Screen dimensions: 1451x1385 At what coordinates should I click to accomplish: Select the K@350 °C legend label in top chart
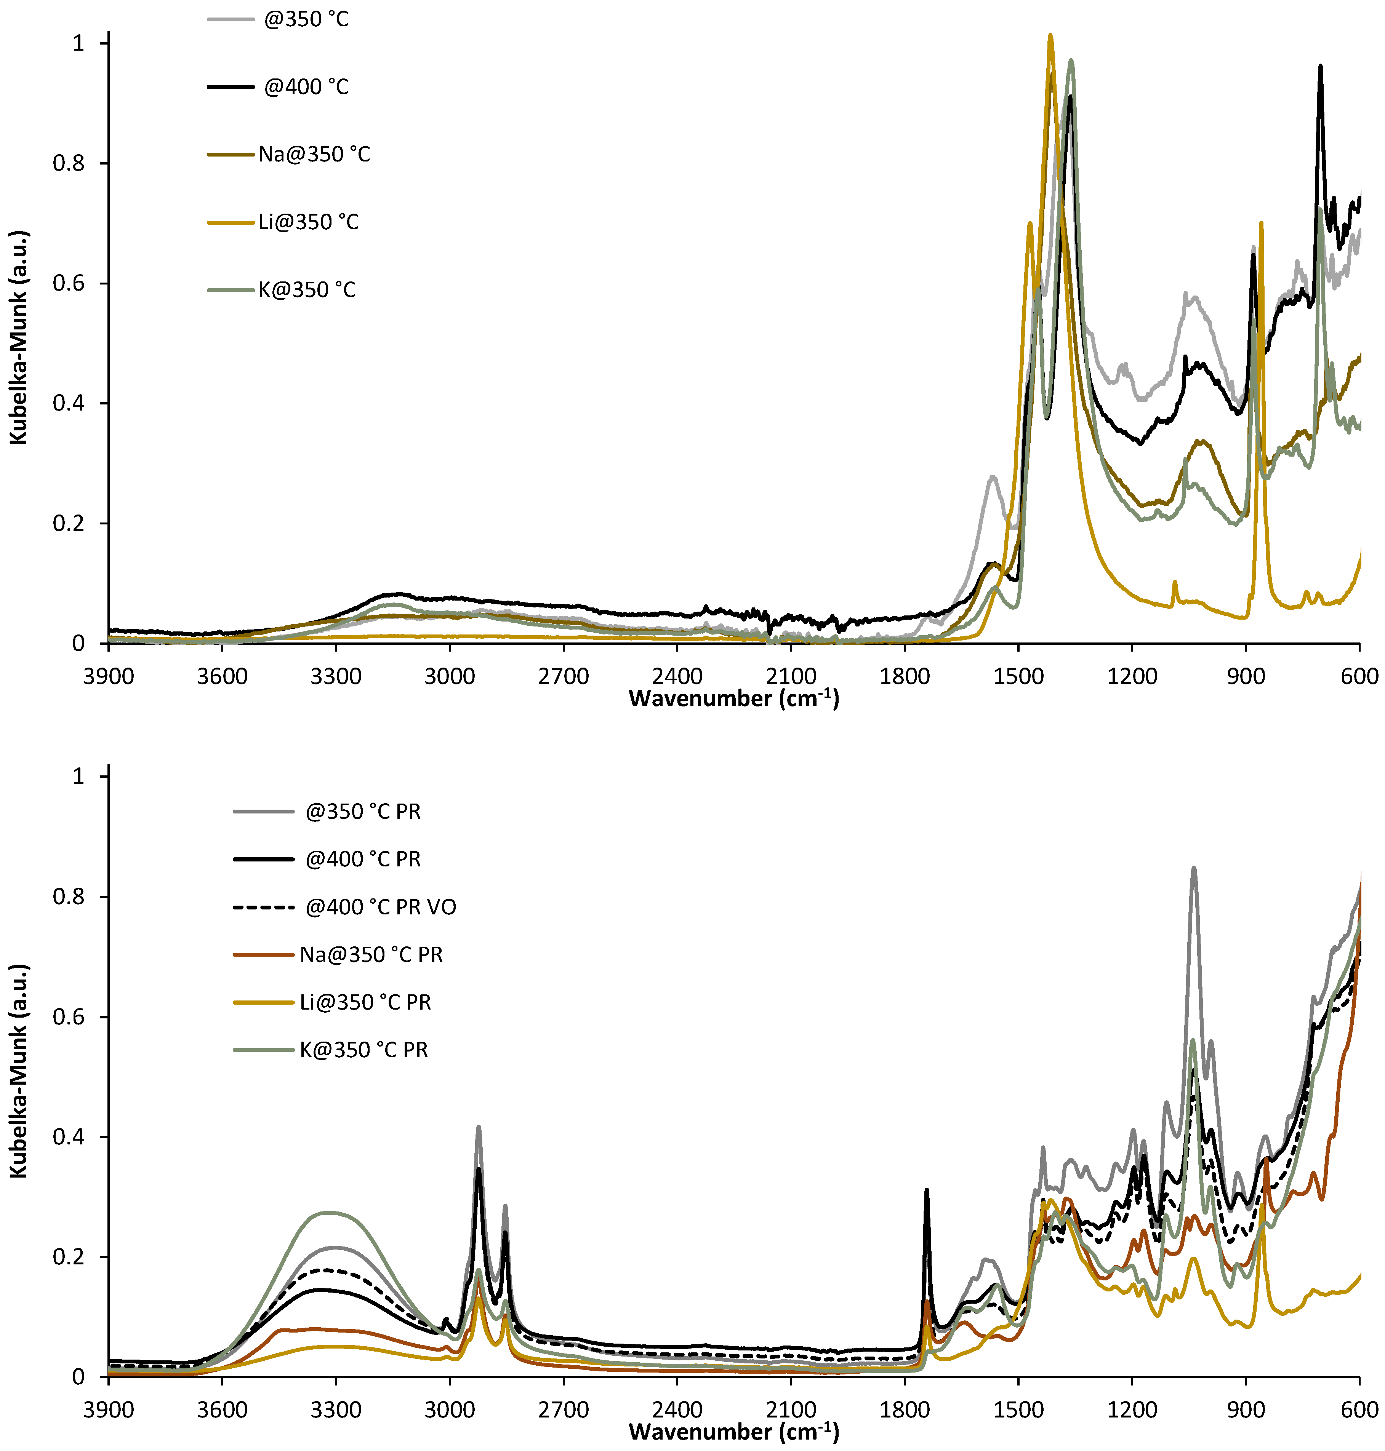(306, 289)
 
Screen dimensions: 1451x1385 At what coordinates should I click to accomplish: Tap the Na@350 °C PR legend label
(371, 954)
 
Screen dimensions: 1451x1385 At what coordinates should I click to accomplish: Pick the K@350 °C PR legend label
(363, 1050)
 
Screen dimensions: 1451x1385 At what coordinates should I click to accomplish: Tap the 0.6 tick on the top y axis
(68, 283)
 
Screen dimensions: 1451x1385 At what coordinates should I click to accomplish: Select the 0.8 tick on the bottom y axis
(68, 897)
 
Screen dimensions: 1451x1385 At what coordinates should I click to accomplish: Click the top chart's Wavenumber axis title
(733, 698)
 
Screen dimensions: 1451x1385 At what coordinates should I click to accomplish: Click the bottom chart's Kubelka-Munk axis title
(18, 1070)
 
